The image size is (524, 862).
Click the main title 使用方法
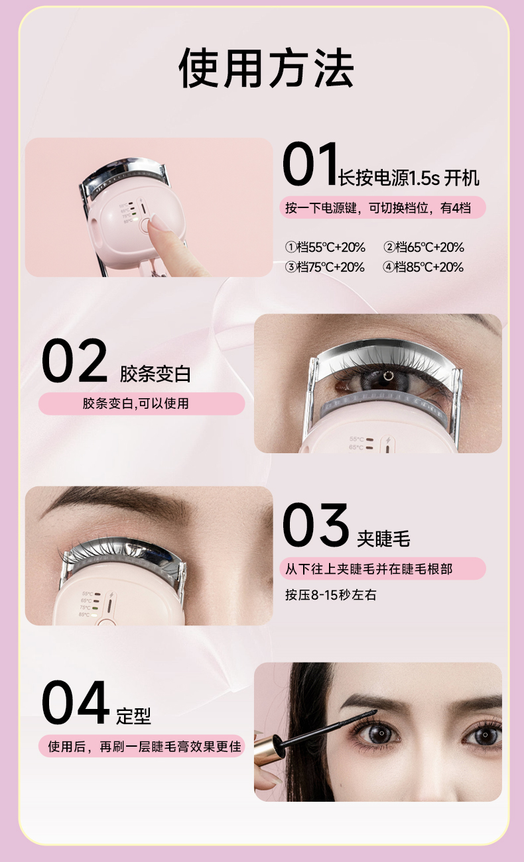click(x=266, y=68)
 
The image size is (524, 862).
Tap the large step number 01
click(x=310, y=164)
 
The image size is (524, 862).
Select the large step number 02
click(x=74, y=360)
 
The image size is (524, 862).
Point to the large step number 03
click(x=316, y=525)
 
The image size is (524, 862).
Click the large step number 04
click(x=75, y=703)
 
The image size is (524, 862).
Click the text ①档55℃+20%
click(x=325, y=247)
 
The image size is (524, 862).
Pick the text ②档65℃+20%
click(x=424, y=247)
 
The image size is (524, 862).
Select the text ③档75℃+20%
click(x=325, y=267)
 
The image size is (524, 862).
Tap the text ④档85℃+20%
click(x=423, y=267)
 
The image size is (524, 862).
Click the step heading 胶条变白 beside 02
click(x=155, y=374)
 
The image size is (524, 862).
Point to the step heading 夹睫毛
click(x=383, y=539)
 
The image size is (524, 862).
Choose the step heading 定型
click(x=134, y=716)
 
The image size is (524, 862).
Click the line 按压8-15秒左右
click(x=330, y=595)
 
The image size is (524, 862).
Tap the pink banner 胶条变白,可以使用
click(x=142, y=404)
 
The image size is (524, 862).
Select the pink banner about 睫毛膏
click(x=142, y=746)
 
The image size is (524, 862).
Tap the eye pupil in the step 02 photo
click(x=387, y=376)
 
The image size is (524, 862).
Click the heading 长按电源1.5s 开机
click(x=409, y=178)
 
